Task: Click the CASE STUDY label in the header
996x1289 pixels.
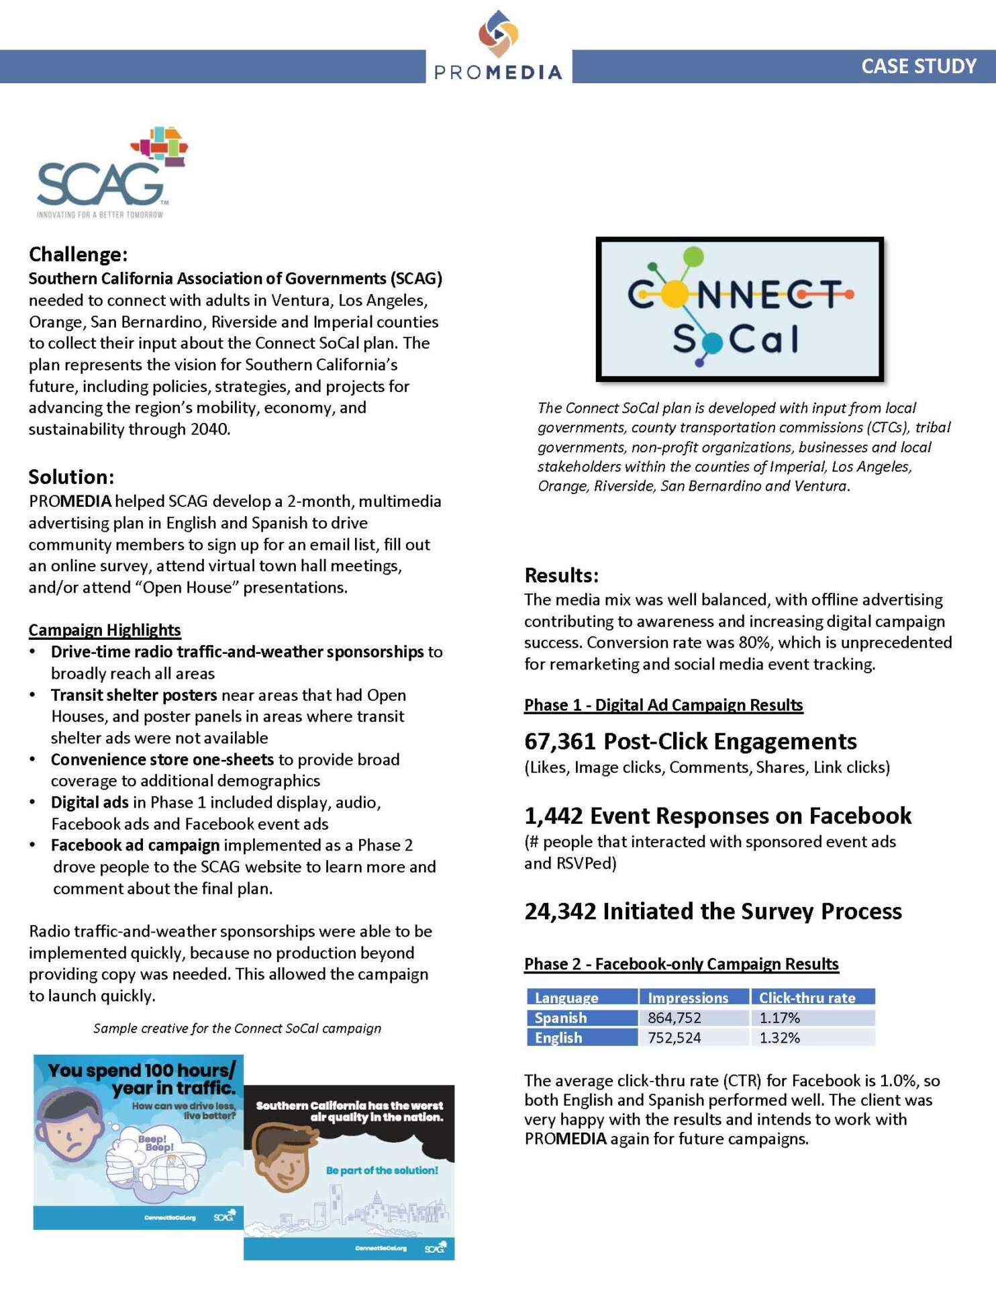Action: pyautogui.click(x=918, y=66)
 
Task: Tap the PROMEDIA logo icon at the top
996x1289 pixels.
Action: pyautogui.click(x=498, y=33)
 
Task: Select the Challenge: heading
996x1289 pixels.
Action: pyautogui.click(x=78, y=254)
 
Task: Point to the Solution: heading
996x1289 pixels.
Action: pyautogui.click(x=71, y=477)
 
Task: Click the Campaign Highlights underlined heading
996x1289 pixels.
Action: pyautogui.click(x=105, y=630)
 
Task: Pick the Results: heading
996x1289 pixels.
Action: pyautogui.click(x=561, y=575)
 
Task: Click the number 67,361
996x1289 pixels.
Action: pyautogui.click(x=560, y=741)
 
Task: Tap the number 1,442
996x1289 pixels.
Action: pyautogui.click(x=553, y=816)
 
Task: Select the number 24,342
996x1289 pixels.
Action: pyautogui.click(x=560, y=911)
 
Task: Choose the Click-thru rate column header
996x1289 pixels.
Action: pyautogui.click(x=807, y=998)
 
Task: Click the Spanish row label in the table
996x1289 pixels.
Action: pyautogui.click(x=560, y=1018)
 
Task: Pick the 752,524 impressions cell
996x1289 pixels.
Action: pyautogui.click(x=674, y=1038)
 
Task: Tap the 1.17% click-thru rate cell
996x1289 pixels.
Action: pyautogui.click(x=779, y=1018)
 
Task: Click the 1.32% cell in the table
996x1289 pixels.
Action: pyautogui.click(x=779, y=1038)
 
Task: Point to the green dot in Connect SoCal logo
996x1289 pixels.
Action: pyautogui.click(x=693, y=256)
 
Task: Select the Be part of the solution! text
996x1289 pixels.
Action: pyautogui.click(x=382, y=1170)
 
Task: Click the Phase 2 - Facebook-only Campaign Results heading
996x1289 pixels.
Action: pyautogui.click(x=681, y=964)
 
